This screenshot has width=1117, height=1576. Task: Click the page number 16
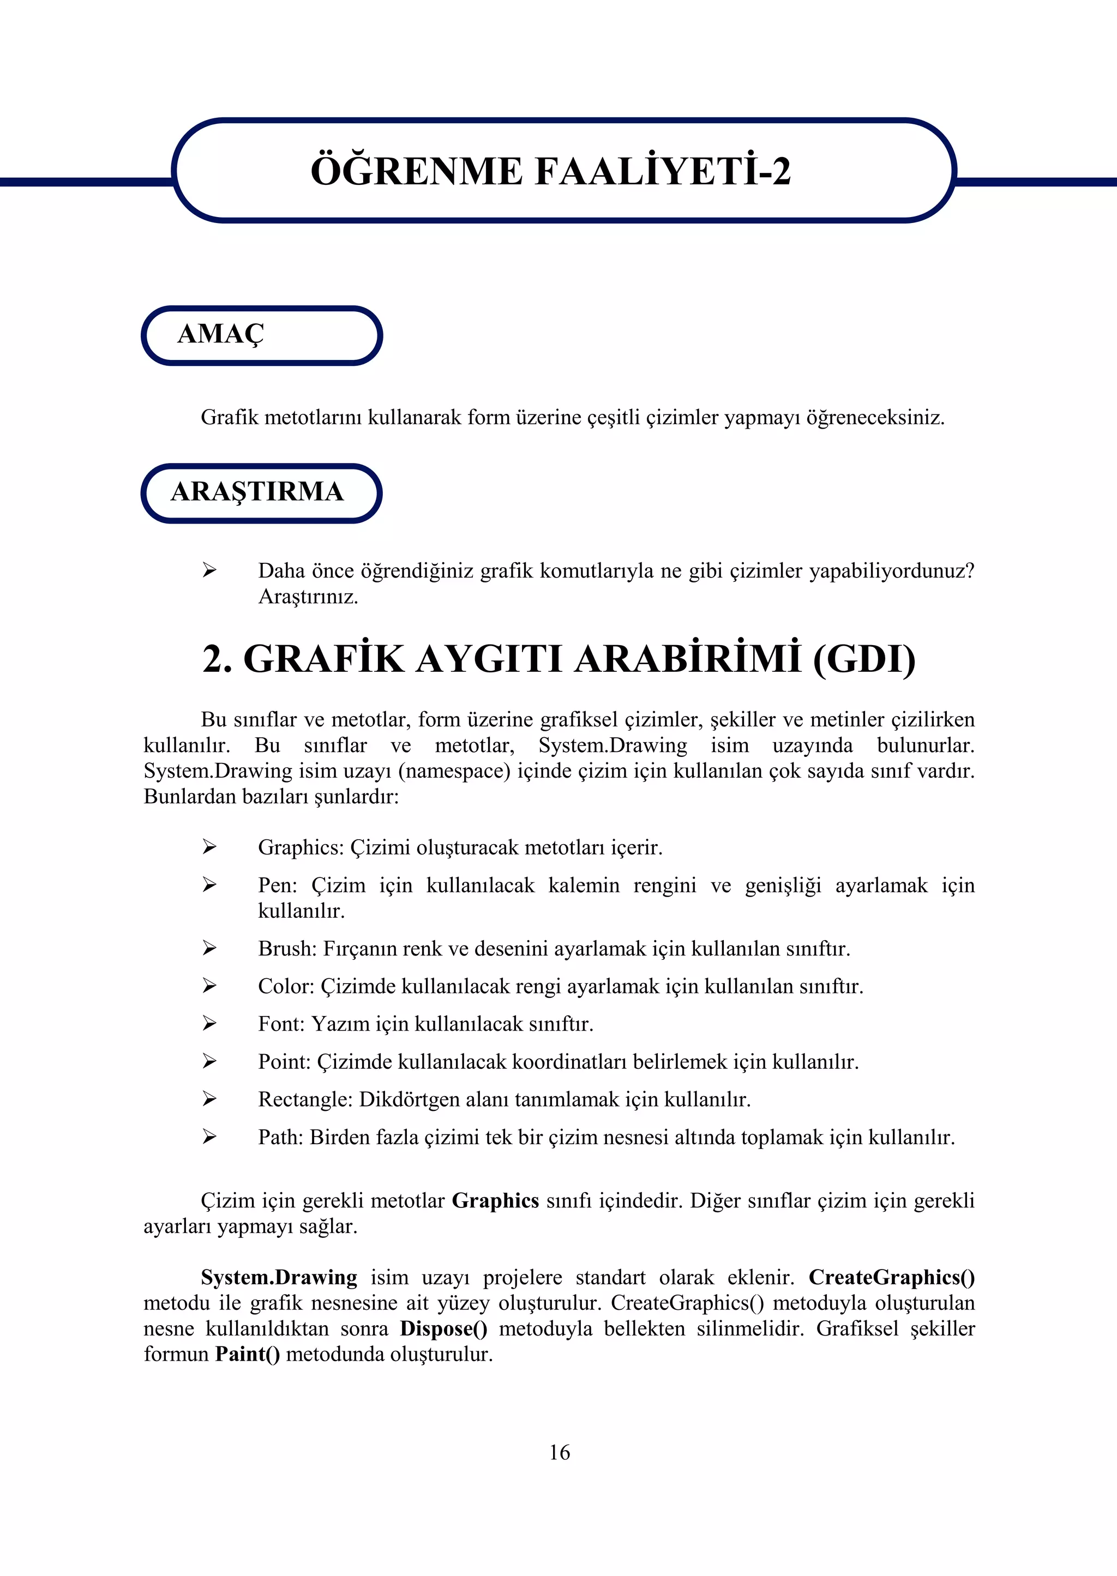(559, 1452)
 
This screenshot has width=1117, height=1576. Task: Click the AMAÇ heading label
(221, 334)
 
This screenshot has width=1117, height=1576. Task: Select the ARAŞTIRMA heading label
(256, 492)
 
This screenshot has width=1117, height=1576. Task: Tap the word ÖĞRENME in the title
(416, 171)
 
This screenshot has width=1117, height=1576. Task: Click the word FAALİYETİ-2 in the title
(662, 171)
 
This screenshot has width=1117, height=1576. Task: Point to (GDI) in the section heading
(864, 659)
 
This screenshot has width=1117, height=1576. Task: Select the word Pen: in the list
(277, 885)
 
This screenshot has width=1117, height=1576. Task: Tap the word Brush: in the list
(287, 948)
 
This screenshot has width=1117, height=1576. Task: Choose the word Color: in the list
(285, 986)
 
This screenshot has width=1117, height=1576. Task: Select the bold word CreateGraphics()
(891, 1278)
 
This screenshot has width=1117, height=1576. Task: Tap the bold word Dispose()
(443, 1328)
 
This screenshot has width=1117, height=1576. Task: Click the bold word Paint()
(248, 1354)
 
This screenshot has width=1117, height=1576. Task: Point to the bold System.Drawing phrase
(279, 1278)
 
